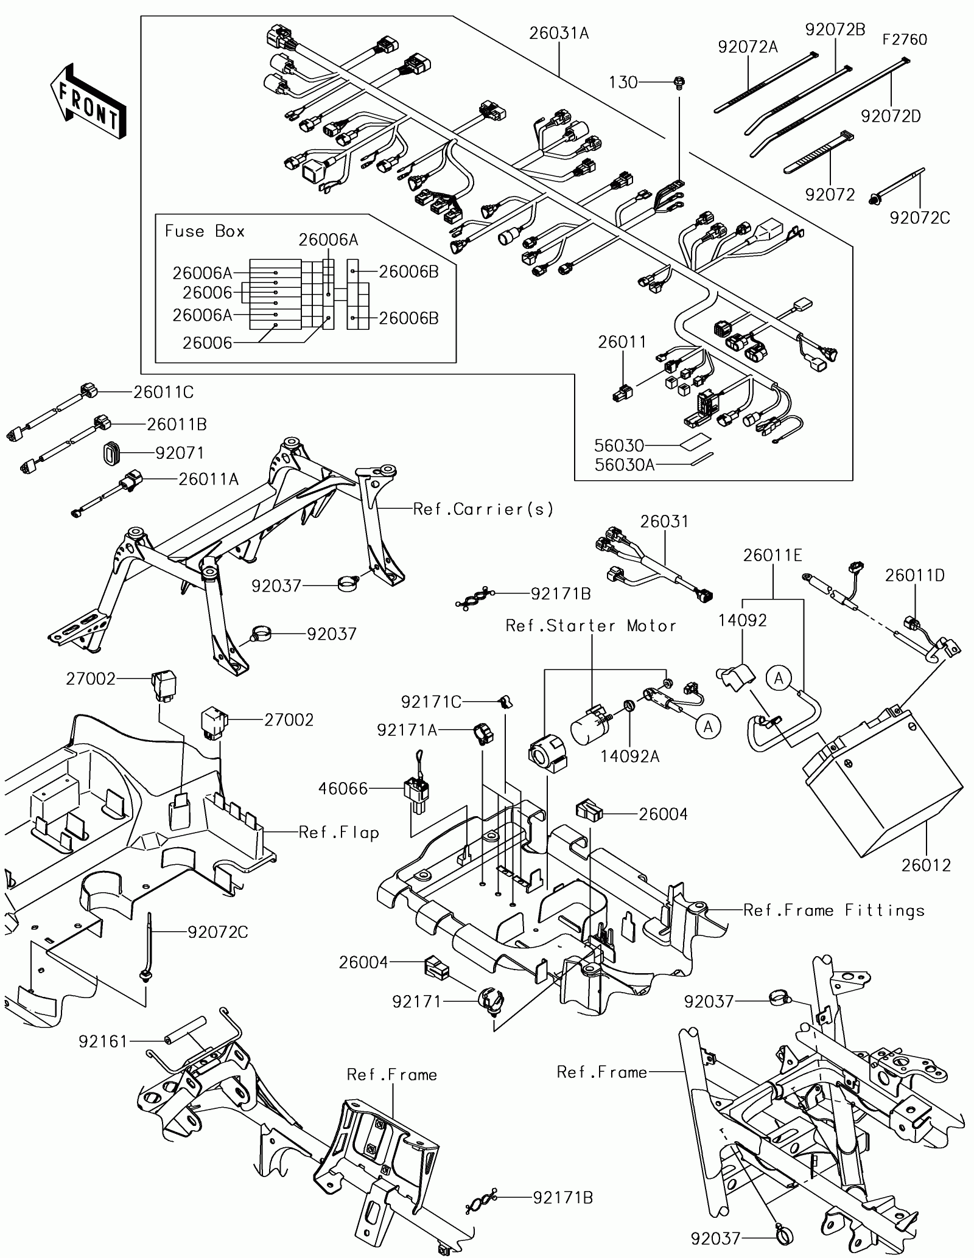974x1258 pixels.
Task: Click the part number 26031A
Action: pos(558,33)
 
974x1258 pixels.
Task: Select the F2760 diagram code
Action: pos(905,40)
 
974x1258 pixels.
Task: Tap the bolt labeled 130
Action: pos(678,82)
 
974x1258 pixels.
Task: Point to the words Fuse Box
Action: pos(205,231)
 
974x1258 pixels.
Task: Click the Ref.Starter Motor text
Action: pos(591,626)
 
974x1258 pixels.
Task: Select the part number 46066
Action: pos(343,789)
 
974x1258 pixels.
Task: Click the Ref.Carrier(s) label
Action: pos(483,509)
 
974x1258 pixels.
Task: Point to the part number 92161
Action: pos(103,1042)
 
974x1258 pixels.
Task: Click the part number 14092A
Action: pos(630,757)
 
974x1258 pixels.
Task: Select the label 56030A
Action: pos(624,465)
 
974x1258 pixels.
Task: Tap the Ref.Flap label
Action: pos(338,833)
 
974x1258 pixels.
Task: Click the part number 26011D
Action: pos(915,575)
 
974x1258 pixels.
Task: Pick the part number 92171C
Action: pos(431,702)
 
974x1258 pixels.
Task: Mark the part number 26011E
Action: pos(773,555)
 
